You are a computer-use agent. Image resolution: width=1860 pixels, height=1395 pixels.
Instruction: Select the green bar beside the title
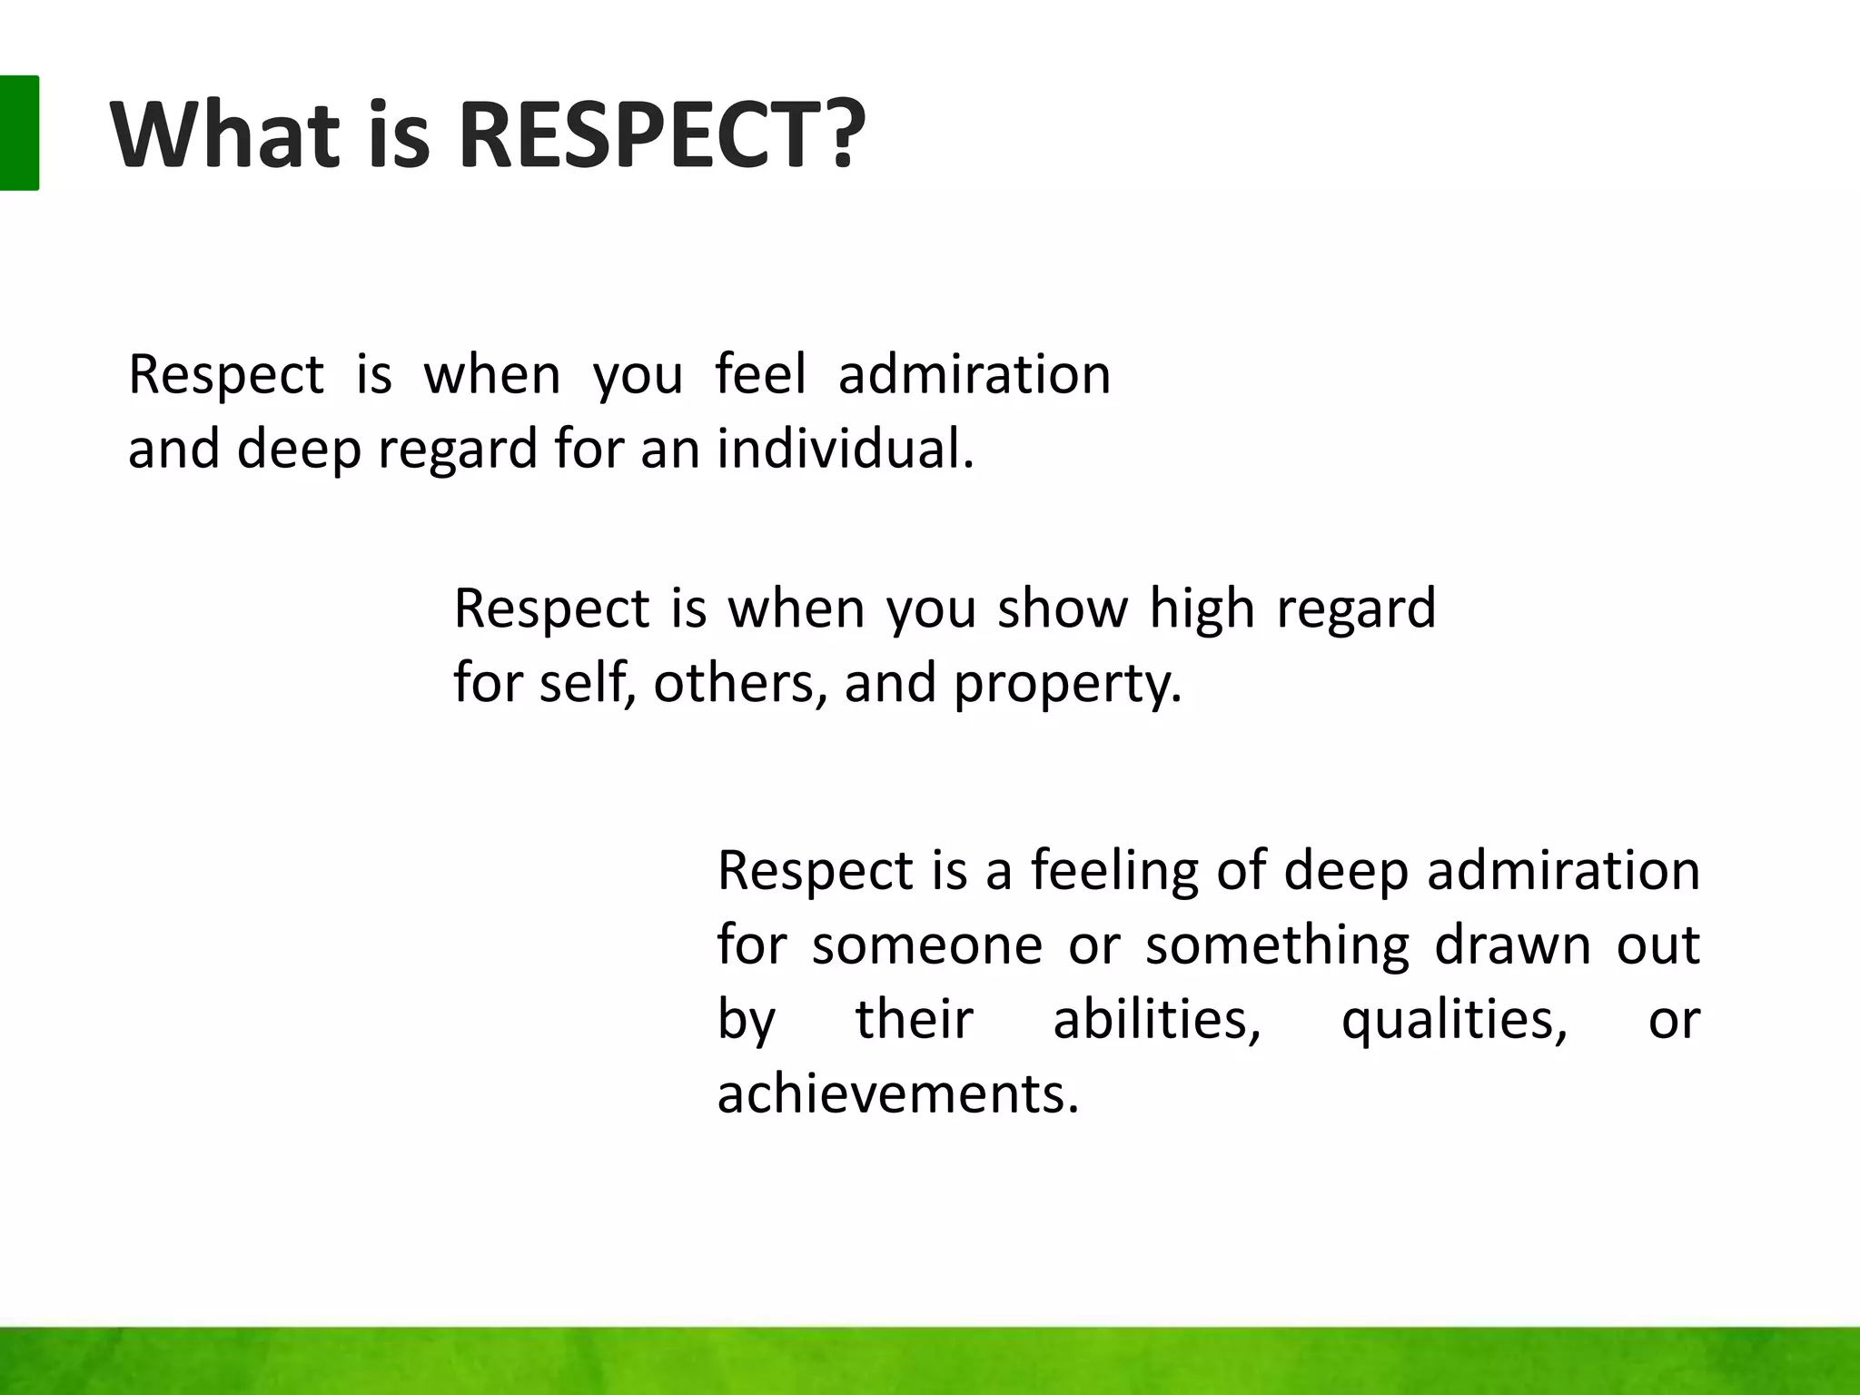tap(19, 133)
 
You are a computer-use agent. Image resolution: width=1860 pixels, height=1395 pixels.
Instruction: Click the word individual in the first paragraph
tap(845, 449)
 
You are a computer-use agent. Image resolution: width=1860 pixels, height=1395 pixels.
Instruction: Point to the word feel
tap(760, 374)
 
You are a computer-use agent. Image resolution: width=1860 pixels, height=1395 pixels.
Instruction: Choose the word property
tap(1067, 683)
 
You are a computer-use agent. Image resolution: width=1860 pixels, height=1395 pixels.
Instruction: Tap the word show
tap(1063, 608)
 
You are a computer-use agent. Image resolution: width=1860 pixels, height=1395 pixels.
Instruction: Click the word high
tap(1202, 608)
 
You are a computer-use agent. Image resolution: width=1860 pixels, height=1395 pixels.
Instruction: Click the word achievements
tap(897, 1093)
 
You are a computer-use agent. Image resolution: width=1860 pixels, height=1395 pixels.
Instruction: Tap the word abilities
tap(1156, 1019)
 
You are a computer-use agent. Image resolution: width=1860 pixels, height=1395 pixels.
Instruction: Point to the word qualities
tap(1454, 1019)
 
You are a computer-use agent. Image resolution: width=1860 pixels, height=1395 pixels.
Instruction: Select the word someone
tap(926, 945)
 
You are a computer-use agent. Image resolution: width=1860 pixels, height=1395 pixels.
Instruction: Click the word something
tap(1277, 945)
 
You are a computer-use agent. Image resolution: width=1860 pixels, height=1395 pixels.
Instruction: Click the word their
tap(914, 1019)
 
